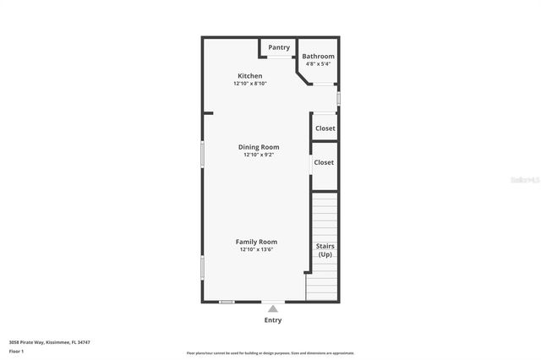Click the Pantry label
(x=279, y=47)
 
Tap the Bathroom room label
(x=319, y=57)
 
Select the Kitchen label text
(x=249, y=76)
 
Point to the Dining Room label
(x=259, y=147)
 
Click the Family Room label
(x=256, y=242)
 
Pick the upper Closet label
(x=325, y=128)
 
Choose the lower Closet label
(x=324, y=162)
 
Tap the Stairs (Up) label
(x=325, y=250)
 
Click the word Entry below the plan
(x=273, y=320)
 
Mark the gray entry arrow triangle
(x=272, y=309)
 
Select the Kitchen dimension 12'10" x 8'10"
(x=250, y=84)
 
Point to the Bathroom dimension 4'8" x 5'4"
(x=319, y=63)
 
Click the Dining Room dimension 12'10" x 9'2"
(x=259, y=155)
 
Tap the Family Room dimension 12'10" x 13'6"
(x=256, y=249)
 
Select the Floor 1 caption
(x=16, y=350)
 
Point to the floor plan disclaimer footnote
(x=270, y=353)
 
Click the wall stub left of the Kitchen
(x=208, y=112)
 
